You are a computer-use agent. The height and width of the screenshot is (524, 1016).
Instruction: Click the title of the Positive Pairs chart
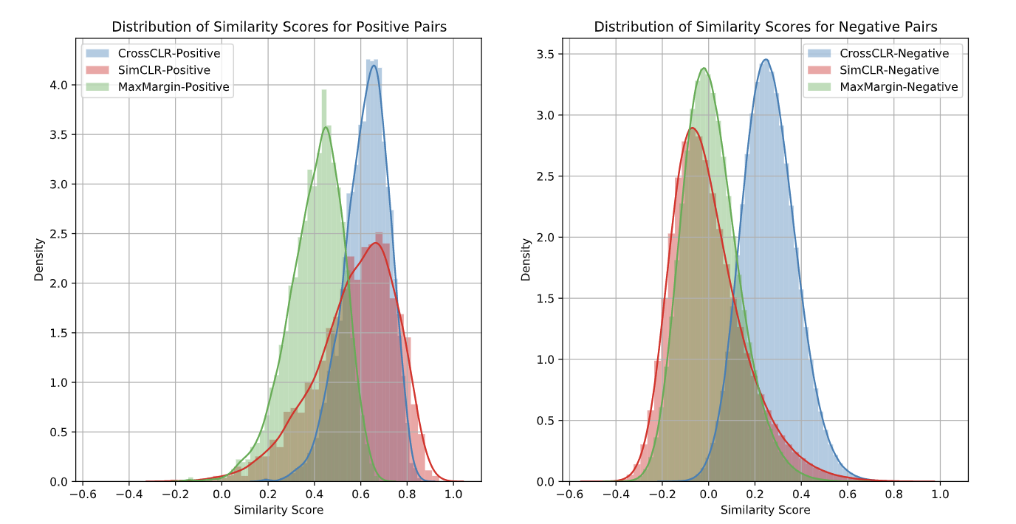click(279, 27)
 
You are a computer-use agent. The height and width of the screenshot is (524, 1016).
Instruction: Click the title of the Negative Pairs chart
click(766, 27)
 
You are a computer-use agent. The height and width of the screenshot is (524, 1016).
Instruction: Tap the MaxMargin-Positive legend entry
click(174, 87)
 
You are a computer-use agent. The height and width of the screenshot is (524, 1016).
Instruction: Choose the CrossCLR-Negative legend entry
click(894, 52)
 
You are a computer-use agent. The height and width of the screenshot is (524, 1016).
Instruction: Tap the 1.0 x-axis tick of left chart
click(453, 492)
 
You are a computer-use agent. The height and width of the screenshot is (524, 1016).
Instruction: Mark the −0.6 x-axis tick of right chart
click(567, 492)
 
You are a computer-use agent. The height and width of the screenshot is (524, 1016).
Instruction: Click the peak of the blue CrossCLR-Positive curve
click(374, 66)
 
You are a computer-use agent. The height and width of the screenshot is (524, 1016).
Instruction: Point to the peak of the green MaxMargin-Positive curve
click(326, 127)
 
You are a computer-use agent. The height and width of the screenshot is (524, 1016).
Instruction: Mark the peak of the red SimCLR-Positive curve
click(377, 243)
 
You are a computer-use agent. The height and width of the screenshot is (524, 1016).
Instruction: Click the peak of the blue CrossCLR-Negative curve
click(766, 60)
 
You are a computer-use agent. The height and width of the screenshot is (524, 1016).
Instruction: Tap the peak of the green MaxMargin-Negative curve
click(703, 69)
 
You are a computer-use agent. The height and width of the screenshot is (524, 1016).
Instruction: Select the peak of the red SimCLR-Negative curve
click(692, 128)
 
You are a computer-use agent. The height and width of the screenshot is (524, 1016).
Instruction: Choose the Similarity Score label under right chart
click(766, 510)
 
